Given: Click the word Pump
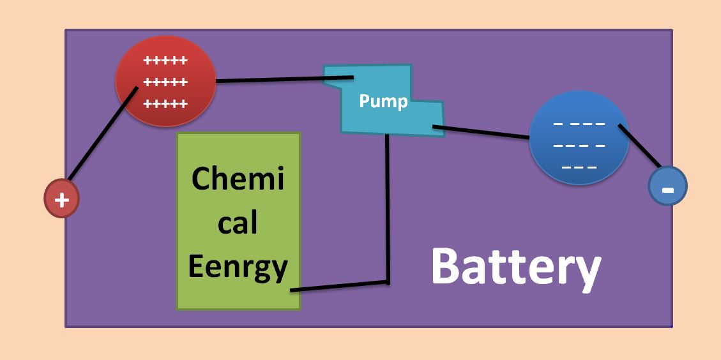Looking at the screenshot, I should (x=383, y=101).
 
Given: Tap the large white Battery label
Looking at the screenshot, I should (x=515, y=267).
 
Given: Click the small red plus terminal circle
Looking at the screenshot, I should (x=61, y=199).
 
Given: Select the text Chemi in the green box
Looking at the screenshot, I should (x=238, y=179).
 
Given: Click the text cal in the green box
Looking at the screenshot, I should (x=238, y=223).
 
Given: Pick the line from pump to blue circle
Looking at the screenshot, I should (x=482, y=132).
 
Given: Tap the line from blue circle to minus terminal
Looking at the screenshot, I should (x=640, y=146).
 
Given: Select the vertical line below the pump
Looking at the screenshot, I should (x=387, y=211).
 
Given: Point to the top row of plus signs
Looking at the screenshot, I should (x=165, y=61).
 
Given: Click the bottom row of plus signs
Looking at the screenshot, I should (x=165, y=103).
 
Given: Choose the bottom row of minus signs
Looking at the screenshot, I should (x=579, y=168).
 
